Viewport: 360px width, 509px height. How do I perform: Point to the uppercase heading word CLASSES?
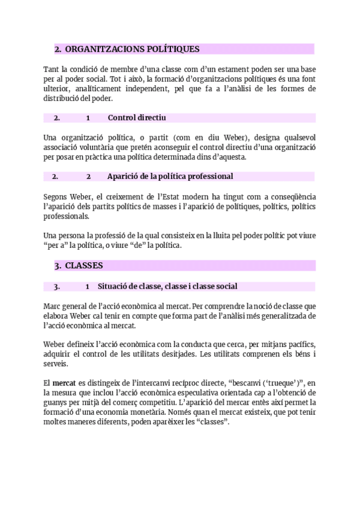pos(84,265)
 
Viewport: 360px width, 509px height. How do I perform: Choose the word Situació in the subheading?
pos(115,286)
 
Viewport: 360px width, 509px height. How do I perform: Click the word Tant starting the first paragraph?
pos(52,68)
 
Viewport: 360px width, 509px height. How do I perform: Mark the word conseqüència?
pos(292,196)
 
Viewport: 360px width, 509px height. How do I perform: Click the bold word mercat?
pos(64,383)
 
